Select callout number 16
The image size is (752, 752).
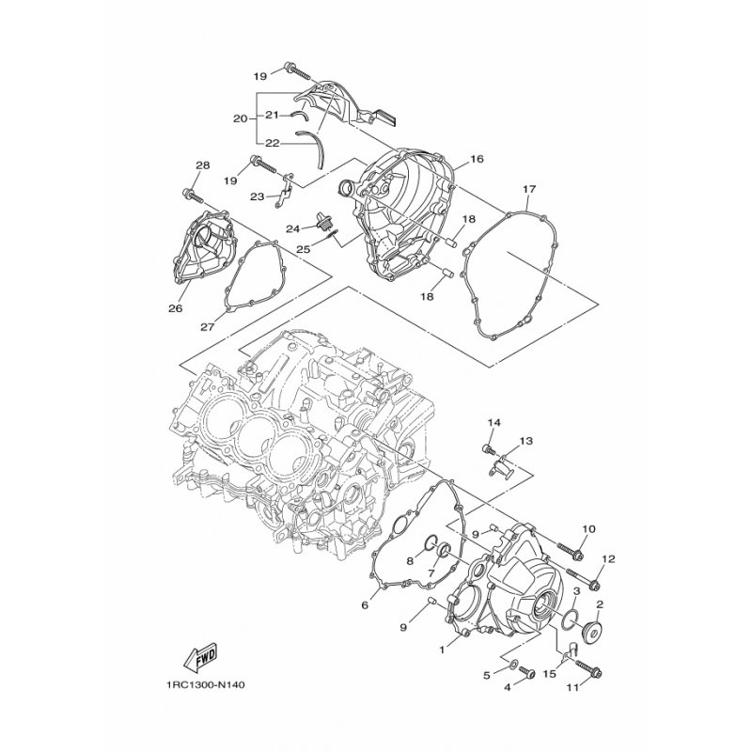pyautogui.click(x=477, y=159)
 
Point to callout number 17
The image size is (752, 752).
pyautogui.click(x=529, y=189)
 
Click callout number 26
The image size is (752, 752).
pyautogui.click(x=176, y=308)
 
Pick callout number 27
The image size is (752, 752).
pyautogui.click(x=207, y=327)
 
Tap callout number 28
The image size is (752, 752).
pyautogui.click(x=202, y=165)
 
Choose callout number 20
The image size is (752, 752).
pyautogui.click(x=241, y=118)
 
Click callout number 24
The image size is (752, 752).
pyautogui.click(x=293, y=229)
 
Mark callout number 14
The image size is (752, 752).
pyautogui.click(x=494, y=422)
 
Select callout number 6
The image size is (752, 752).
pyautogui.click(x=365, y=605)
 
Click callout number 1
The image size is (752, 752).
pyautogui.click(x=442, y=650)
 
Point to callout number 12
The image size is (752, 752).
pyautogui.click(x=608, y=559)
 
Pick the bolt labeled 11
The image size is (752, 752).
pyautogui.click(x=587, y=668)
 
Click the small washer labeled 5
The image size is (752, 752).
pyautogui.click(x=512, y=664)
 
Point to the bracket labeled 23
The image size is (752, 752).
pyautogui.click(x=285, y=192)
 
